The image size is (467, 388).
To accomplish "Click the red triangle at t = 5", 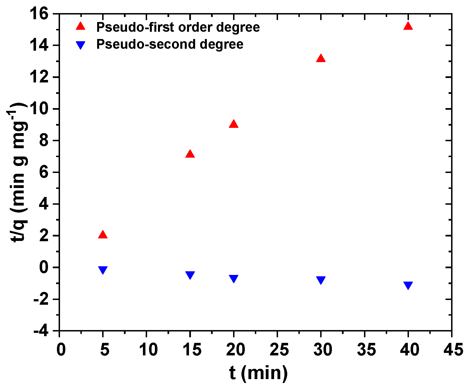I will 103,235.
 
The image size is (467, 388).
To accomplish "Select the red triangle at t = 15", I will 190,154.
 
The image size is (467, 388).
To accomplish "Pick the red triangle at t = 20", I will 234,124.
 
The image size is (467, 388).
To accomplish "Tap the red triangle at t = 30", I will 321,58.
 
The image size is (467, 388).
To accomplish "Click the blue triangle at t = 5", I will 103,270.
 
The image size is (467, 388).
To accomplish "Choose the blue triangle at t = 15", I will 190,275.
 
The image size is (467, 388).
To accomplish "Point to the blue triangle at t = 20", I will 234,278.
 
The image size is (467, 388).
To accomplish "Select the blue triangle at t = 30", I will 321,280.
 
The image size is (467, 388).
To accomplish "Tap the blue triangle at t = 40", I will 408,285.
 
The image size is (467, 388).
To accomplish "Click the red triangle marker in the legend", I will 81,26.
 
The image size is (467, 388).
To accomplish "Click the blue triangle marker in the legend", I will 81,45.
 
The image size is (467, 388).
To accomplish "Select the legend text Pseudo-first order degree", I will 178,27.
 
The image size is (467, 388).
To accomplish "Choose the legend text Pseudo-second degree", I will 170,44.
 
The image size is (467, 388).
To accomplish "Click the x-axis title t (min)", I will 258,373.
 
